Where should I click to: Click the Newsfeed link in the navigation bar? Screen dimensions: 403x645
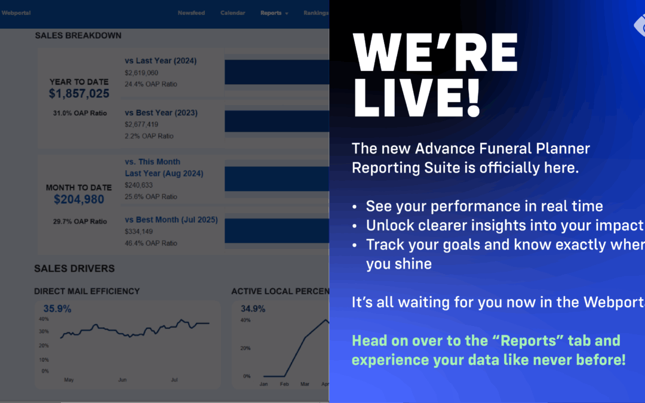[x=191, y=13]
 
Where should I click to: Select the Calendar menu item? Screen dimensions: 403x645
[x=233, y=13]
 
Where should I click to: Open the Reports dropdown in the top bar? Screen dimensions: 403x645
[x=274, y=13]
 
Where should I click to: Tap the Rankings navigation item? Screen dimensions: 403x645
[x=316, y=13]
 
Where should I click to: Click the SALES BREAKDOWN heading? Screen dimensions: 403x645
[x=78, y=35]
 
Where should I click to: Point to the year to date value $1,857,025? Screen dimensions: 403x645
[x=79, y=94]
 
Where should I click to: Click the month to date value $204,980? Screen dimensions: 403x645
[x=79, y=200]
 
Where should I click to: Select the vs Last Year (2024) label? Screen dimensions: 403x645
[x=161, y=61]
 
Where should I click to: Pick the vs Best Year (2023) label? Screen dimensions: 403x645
[x=161, y=113]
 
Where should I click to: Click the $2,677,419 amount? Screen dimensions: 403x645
[x=142, y=124]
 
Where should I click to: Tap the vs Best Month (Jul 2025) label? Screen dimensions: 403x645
[x=171, y=220]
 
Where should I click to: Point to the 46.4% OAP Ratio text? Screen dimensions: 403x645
[x=151, y=243]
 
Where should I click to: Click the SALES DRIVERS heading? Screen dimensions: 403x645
[x=75, y=269]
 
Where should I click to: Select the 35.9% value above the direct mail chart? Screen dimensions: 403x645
[x=57, y=309]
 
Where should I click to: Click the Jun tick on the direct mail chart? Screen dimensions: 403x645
[x=122, y=379]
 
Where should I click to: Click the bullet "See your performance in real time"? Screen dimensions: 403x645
[x=484, y=207]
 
